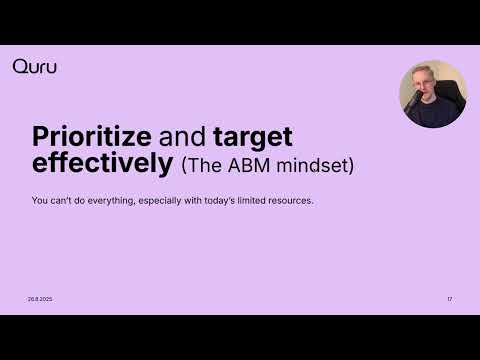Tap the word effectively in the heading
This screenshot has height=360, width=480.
[102, 164]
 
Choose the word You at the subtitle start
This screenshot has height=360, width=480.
[38, 201]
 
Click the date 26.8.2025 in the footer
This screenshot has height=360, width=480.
[41, 299]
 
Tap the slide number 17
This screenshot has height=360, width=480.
[449, 299]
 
